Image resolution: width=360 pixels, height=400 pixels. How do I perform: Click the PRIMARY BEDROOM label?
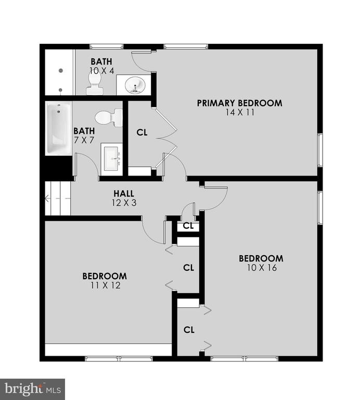(239, 103)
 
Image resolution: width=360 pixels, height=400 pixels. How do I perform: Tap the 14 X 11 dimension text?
(240, 113)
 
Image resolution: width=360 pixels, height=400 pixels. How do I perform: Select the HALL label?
(124, 194)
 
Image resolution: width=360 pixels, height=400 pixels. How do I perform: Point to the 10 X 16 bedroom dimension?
(262, 268)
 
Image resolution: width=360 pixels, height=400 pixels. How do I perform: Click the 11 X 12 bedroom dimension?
(105, 285)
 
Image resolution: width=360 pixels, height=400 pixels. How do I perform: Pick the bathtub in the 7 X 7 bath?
(58, 128)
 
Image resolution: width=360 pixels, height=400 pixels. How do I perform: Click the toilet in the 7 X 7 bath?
(109, 118)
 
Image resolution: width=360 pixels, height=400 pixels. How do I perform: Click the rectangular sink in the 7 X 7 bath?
(112, 159)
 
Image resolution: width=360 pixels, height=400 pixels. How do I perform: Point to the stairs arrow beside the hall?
(58, 198)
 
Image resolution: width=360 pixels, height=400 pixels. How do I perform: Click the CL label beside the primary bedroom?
(142, 132)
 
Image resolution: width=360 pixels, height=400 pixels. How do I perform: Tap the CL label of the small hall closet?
(188, 226)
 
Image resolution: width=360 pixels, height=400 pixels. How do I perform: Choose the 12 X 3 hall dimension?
(124, 203)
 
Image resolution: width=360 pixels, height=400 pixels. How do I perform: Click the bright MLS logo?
(32, 389)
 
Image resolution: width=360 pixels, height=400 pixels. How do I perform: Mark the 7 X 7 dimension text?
(84, 140)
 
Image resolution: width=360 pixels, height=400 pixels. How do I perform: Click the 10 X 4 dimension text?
(101, 71)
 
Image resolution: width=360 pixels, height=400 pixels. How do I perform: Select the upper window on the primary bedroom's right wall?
(320, 150)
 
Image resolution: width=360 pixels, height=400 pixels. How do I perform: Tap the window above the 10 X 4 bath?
(107, 46)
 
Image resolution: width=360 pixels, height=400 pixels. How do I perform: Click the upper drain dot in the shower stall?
(61, 71)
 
